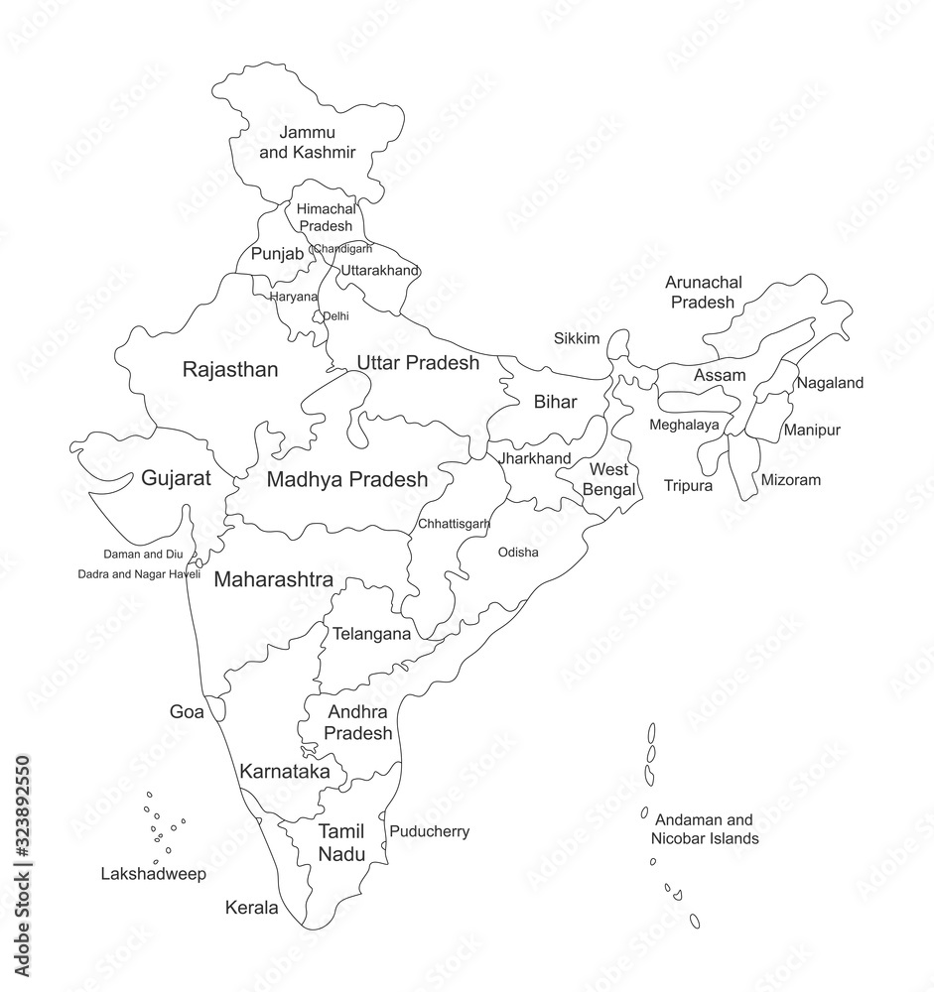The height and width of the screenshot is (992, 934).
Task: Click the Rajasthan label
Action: tap(230, 370)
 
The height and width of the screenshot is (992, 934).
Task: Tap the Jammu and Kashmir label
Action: tap(308, 142)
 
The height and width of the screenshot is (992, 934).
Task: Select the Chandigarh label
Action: tap(342, 249)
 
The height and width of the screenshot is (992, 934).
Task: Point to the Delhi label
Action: tap(336, 316)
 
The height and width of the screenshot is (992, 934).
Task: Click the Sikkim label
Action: tap(577, 338)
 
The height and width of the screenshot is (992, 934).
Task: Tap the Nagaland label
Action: tap(831, 383)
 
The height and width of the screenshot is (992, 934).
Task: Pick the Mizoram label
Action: tap(791, 480)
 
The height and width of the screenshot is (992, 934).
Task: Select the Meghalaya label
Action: tap(685, 426)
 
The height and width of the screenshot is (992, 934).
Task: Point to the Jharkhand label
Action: tap(535, 458)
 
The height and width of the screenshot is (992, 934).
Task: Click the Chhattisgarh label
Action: tap(455, 523)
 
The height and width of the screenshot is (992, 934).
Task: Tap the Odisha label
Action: tap(518, 553)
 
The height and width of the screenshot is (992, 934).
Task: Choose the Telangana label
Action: tap(371, 633)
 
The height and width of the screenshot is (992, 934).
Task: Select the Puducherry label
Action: tap(429, 831)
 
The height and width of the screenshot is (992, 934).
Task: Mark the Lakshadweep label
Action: tap(154, 874)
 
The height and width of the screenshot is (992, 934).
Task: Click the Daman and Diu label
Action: tap(144, 554)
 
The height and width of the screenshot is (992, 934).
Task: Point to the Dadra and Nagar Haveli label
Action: tap(139, 574)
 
